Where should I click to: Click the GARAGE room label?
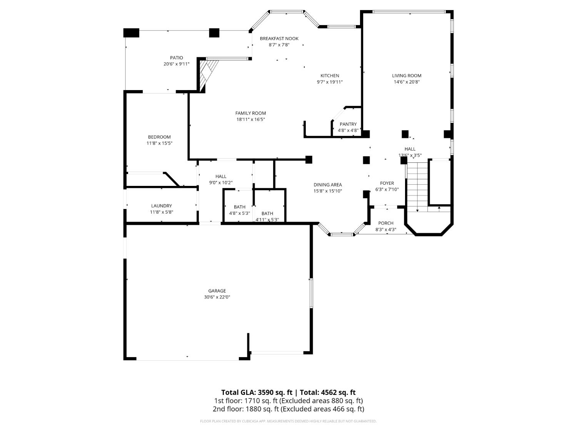click(217, 291)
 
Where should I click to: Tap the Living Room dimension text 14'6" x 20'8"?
click(407, 82)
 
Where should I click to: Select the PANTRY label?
click(348, 124)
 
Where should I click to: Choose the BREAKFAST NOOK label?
click(279, 38)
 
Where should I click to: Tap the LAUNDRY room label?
click(161, 206)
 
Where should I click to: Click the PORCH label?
click(386, 223)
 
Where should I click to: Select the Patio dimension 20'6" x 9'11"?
click(177, 64)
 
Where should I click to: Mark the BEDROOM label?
click(159, 137)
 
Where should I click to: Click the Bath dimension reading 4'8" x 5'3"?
click(240, 213)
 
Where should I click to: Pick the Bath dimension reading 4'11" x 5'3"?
click(267, 220)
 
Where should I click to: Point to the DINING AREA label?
click(328, 185)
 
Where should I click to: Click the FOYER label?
click(387, 183)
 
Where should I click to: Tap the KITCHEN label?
click(330, 76)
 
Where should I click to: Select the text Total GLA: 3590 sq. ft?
click(256, 393)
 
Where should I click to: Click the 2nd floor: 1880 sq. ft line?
click(288, 409)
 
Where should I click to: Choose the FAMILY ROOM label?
click(250, 113)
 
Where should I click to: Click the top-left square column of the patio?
click(131, 33)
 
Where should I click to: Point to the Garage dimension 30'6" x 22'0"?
click(217, 297)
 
